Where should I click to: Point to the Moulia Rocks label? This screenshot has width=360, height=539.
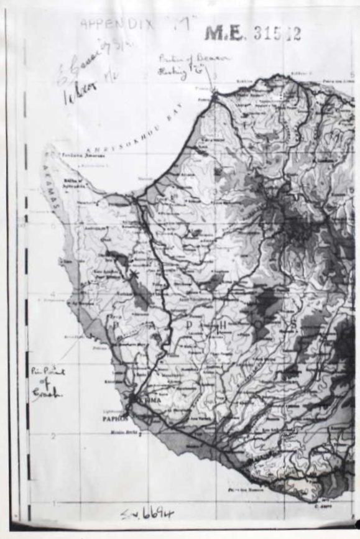coord(124,431)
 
